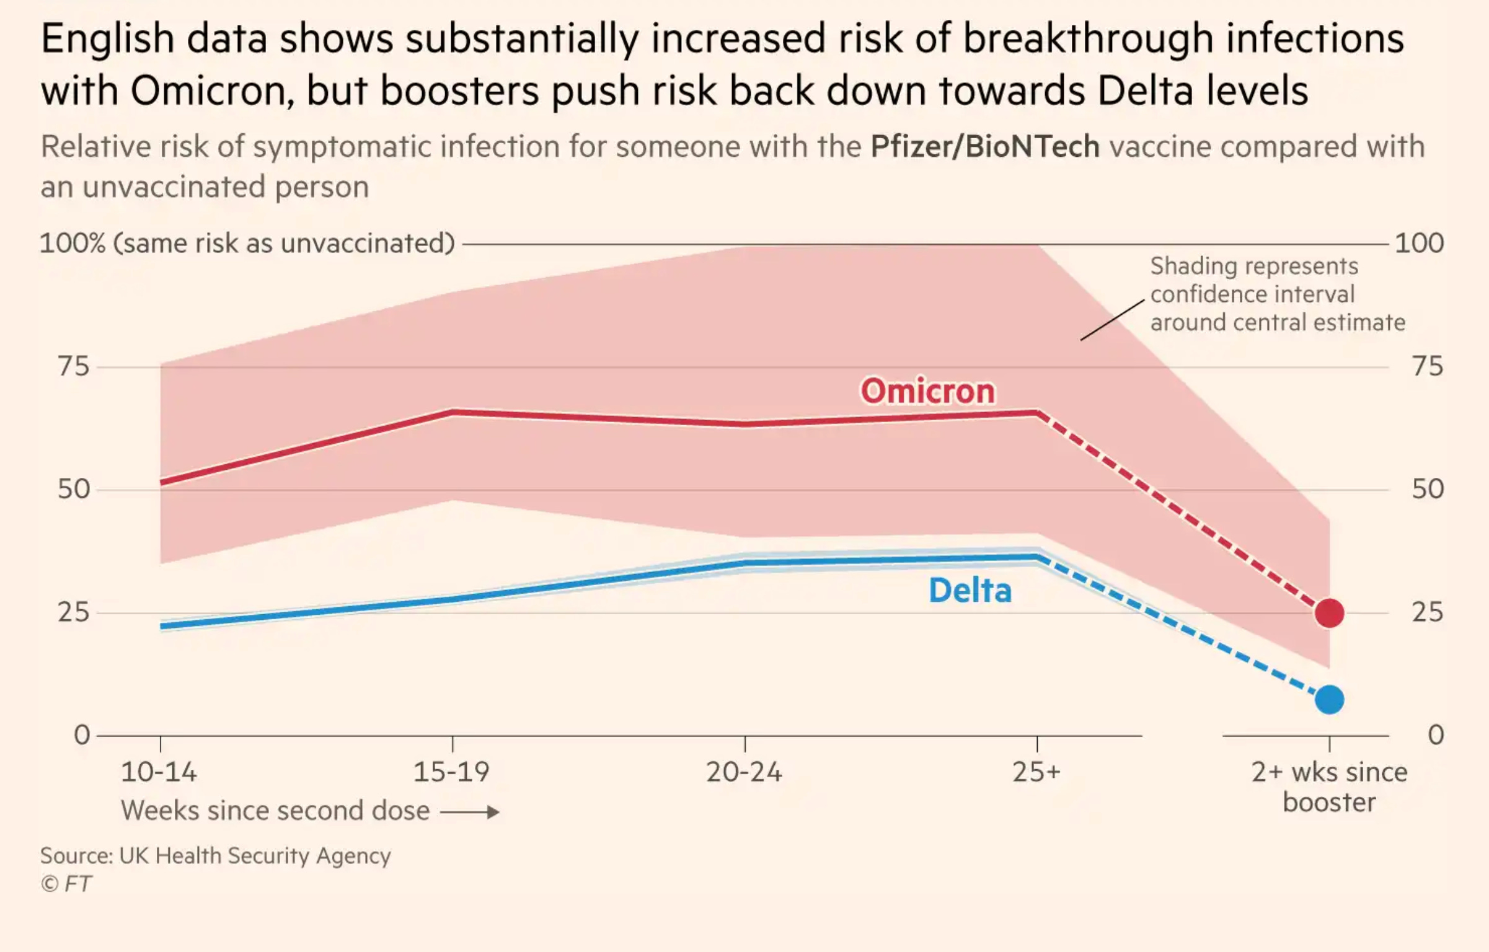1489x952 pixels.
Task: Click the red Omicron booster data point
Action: pyautogui.click(x=1329, y=613)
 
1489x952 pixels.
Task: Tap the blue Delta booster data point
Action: pyautogui.click(x=1329, y=700)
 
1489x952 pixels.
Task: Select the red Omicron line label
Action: pyautogui.click(x=927, y=391)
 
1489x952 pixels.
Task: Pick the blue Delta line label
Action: pyautogui.click(x=970, y=590)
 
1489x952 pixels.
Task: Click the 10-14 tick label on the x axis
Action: pyautogui.click(x=159, y=772)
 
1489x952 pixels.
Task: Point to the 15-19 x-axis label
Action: pyautogui.click(x=451, y=772)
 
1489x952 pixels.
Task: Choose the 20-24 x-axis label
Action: pyautogui.click(x=744, y=772)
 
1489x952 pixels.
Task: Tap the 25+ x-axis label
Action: pyautogui.click(x=1036, y=772)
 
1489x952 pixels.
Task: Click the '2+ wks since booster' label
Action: pyautogui.click(x=1329, y=787)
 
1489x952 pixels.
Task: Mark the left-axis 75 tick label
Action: pyautogui.click(x=74, y=367)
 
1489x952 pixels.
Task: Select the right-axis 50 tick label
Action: pyautogui.click(x=1428, y=490)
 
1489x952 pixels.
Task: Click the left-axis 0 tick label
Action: pyautogui.click(x=82, y=735)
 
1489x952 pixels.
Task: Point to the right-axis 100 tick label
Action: pyautogui.click(x=1419, y=243)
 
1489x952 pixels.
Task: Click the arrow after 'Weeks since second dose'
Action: pyautogui.click(x=470, y=812)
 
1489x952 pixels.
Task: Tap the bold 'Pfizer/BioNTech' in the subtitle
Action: pyautogui.click(x=985, y=147)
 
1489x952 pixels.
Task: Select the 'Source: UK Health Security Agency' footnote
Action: pyautogui.click(x=216, y=856)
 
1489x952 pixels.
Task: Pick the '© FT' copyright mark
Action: pyautogui.click(x=66, y=884)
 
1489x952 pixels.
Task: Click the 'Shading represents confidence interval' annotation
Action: pyautogui.click(x=1277, y=294)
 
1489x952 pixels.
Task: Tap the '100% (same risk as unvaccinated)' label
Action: pyautogui.click(x=247, y=243)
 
